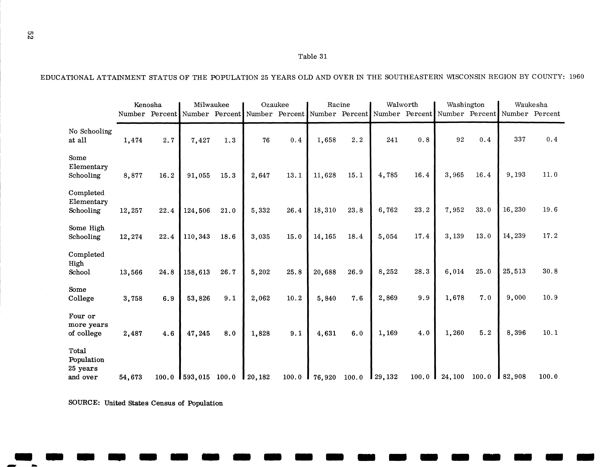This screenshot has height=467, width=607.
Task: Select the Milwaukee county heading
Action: pyautogui.click(x=211, y=105)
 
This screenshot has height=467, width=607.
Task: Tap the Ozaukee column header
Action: pyautogui.click(x=275, y=105)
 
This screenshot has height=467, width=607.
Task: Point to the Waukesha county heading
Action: pyautogui.click(x=531, y=105)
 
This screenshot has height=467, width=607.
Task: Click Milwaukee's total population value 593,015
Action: pyautogui.click(x=197, y=377)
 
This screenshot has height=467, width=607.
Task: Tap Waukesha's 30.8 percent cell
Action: pyautogui.click(x=550, y=271)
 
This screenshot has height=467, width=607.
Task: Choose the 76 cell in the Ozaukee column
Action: pyautogui.click(x=266, y=140)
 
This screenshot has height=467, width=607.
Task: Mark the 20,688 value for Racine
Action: pyautogui.click(x=325, y=272)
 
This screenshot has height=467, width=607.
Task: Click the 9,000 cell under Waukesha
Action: pyautogui.click(x=516, y=298)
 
